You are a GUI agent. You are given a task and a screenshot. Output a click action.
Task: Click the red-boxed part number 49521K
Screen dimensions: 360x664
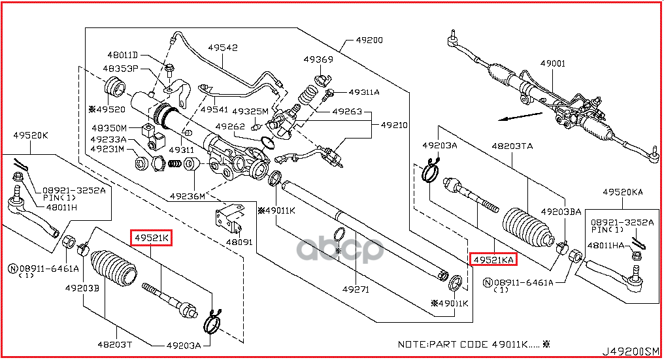(152, 239)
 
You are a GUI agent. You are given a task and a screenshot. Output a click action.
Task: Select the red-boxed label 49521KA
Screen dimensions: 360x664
(493, 260)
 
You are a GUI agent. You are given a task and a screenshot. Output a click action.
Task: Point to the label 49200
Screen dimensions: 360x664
(369, 40)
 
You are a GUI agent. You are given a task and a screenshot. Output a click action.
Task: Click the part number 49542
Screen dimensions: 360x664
(223, 48)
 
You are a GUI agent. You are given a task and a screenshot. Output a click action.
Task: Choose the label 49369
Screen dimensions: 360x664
(318, 59)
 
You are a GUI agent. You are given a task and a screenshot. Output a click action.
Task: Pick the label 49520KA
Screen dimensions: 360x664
(623, 192)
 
